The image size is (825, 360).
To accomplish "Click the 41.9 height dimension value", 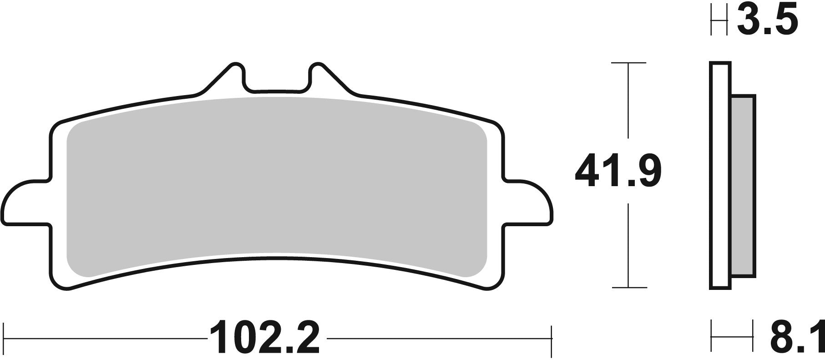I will click(x=617, y=171).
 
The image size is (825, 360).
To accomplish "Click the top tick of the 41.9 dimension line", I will click(x=628, y=63).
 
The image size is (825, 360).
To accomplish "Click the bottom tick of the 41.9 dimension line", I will click(x=628, y=288).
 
